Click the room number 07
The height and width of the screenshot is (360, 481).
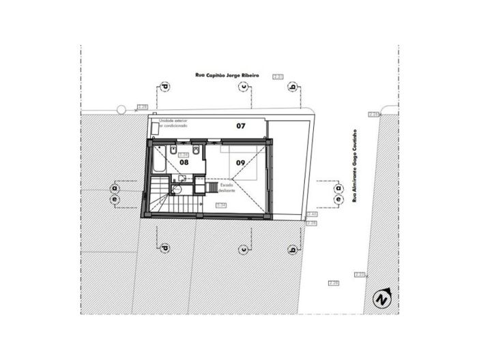pyautogui.click(x=241, y=126)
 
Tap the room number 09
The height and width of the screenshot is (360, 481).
pyautogui.click(x=241, y=163)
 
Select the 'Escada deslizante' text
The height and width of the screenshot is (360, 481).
pyautogui.click(x=227, y=187)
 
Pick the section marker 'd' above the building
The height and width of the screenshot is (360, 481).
pyautogui.click(x=164, y=87)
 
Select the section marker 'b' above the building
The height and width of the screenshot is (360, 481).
pyautogui.click(x=293, y=87)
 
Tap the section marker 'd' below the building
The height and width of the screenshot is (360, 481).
pyautogui.click(x=164, y=250)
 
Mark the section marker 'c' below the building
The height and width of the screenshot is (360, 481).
pyautogui.click(x=243, y=250)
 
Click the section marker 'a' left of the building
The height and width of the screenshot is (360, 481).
pyautogui.click(x=115, y=187)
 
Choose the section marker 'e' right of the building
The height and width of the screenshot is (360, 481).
pyautogui.click(x=338, y=200)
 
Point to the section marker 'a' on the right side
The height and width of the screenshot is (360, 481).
pyautogui.click(x=338, y=188)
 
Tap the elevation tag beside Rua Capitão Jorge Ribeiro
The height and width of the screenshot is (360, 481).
pyautogui.click(x=278, y=77)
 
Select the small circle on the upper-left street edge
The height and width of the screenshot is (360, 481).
pyautogui.click(x=121, y=109)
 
